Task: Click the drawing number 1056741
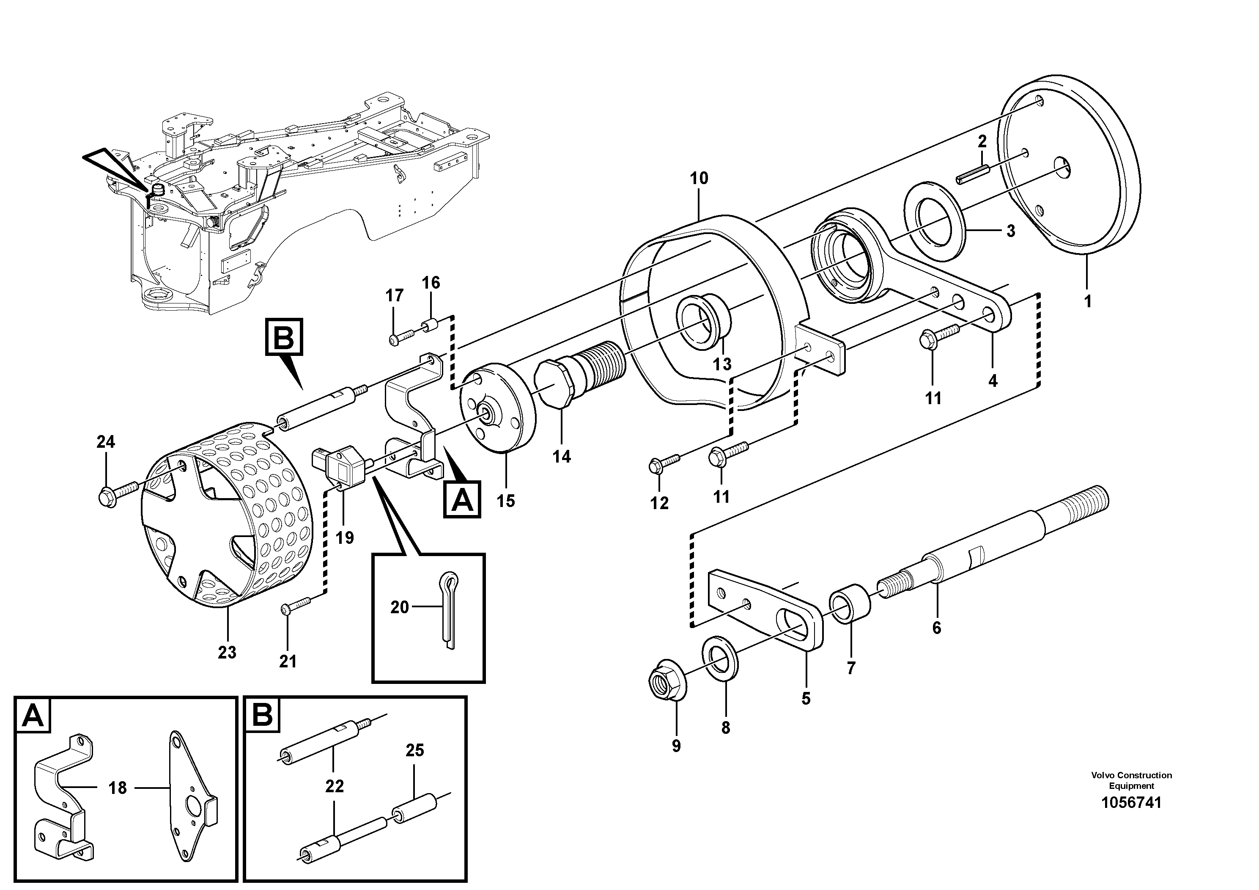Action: pos(1131,803)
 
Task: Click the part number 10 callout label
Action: pos(699,178)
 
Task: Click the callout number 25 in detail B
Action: pos(414,750)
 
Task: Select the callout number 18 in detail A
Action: pos(117,788)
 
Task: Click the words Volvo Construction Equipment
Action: pos(1131,780)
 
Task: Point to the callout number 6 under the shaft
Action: pos(937,628)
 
